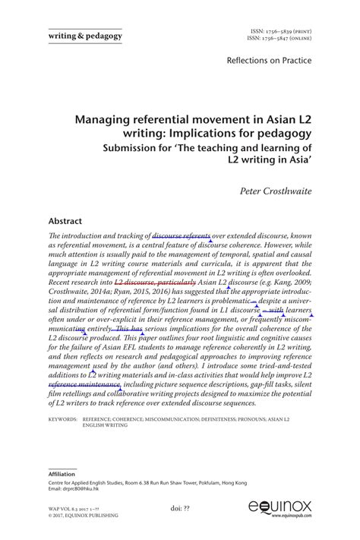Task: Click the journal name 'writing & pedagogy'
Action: [x=85, y=35]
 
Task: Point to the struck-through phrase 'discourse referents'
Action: [x=182, y=236]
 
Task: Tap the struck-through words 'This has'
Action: [x=129, y=329]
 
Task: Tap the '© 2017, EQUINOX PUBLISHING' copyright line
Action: [x=84, y=516]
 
